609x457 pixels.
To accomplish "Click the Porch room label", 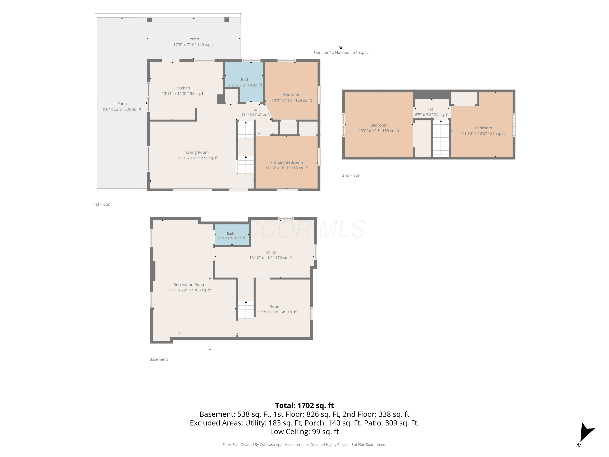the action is (193, 42).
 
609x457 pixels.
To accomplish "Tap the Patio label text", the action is (122, 107).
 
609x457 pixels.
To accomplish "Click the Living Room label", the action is (197, 155).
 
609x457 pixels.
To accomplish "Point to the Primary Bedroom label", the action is (286, 165).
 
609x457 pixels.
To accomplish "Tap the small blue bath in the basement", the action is (232, 235).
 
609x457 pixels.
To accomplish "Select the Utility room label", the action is (271, 255).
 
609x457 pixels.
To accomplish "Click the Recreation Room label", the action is (189, 287).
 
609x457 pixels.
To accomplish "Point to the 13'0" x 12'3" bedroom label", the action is (379, 128).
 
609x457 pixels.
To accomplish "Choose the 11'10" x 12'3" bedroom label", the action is (483, 131).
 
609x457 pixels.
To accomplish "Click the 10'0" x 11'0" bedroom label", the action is (292, 97).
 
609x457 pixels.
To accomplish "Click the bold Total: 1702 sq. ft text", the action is (304, 405).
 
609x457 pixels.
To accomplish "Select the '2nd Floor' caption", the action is (351, 175).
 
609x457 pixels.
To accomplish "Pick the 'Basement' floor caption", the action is (159, 359).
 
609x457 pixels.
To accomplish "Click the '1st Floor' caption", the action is (101, 204).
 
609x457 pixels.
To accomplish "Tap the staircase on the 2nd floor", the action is (441, 138).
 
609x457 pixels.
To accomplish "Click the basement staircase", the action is (246, 310).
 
